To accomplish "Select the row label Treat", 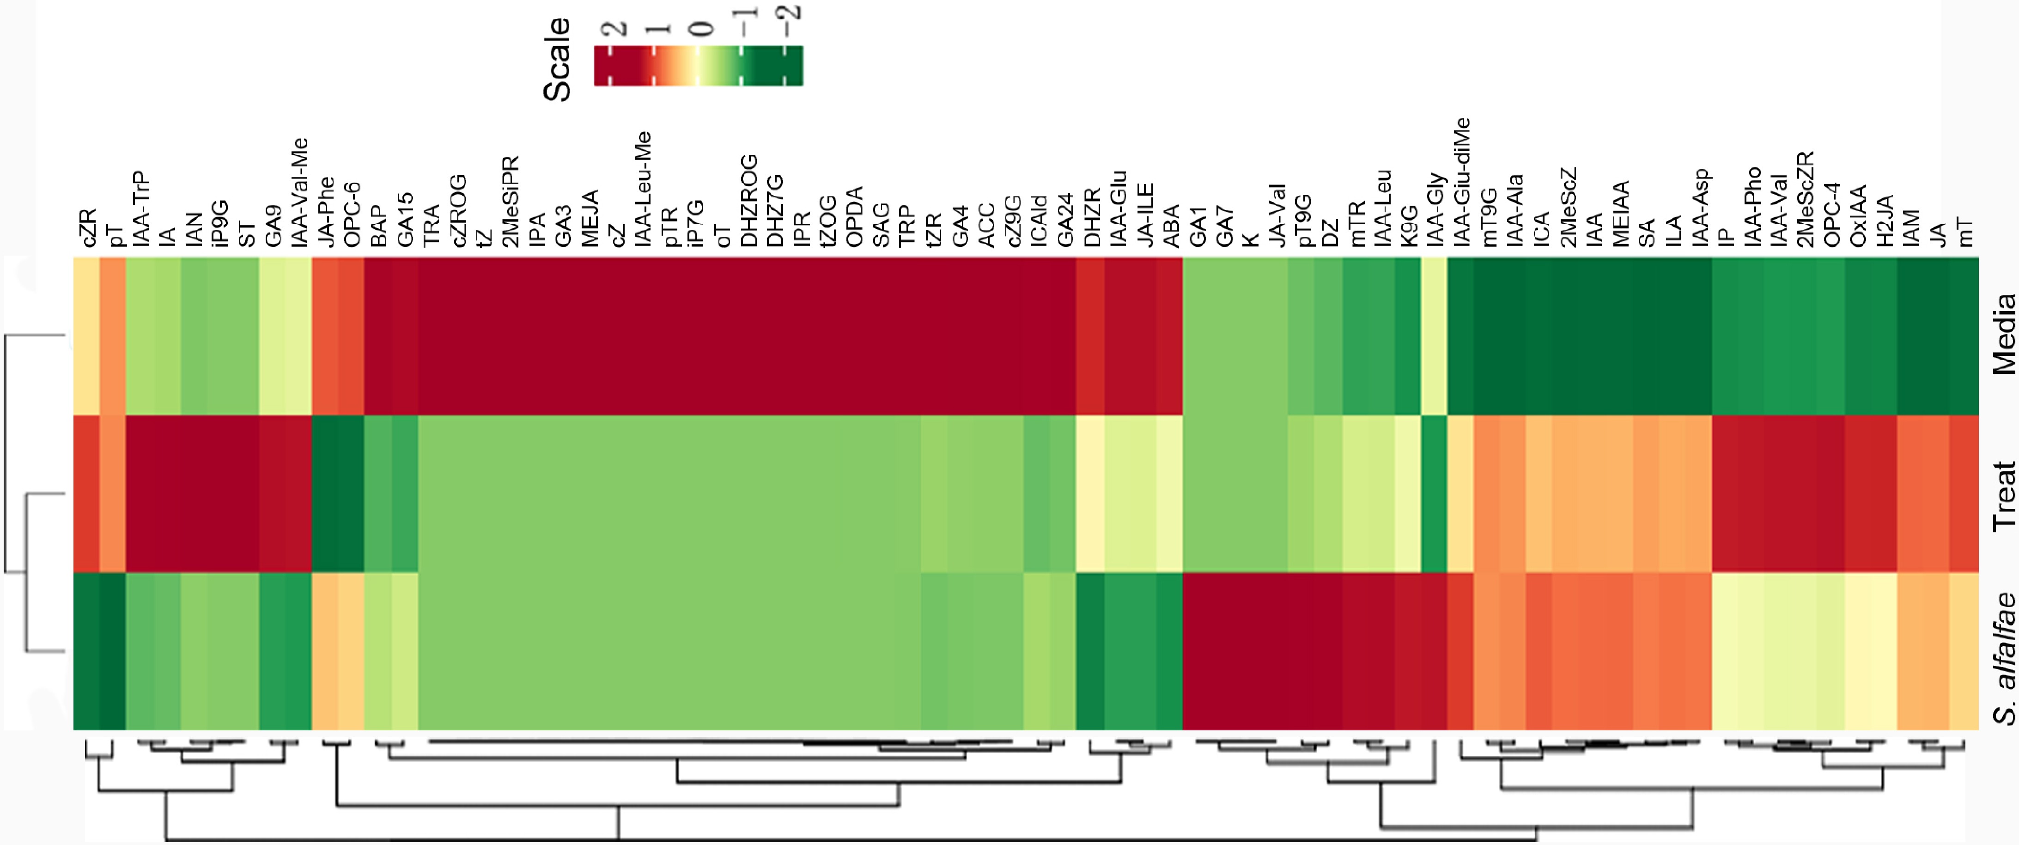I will tap(2003, 496).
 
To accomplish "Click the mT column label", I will tap(1964, 233).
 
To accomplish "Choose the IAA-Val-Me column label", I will tap(298, 192).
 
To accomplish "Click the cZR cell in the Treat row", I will tap(87, 494).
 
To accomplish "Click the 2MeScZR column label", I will tap(1804, 199).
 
